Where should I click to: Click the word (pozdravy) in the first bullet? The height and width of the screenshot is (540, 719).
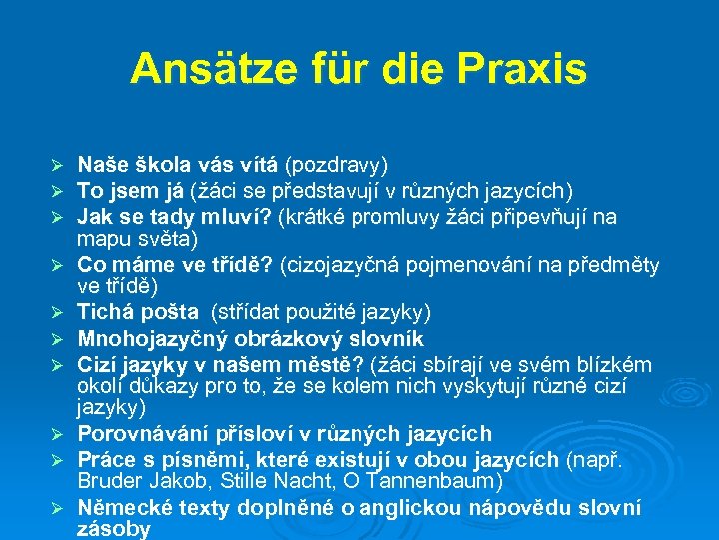(337, 164)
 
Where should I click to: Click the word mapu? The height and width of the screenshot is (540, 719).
(99, 239)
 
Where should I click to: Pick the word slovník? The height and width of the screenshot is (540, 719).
(389, 338)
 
